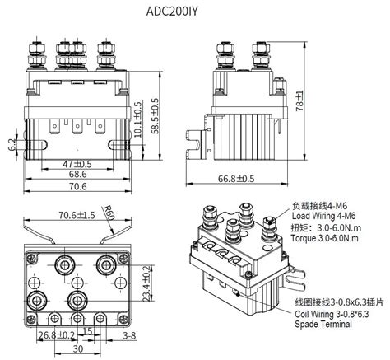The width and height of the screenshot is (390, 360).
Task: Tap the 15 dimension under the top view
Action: pos(88,332)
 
